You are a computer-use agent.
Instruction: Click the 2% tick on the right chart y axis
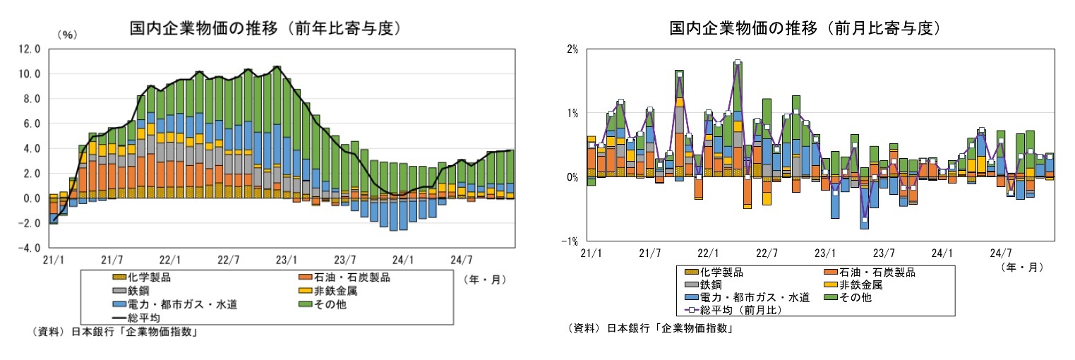pyautogui.click(x=571, y=49)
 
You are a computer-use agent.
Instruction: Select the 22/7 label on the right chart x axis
pyautogui.click(x=767, y=252)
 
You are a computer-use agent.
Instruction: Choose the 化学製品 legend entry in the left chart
pyautogui.click(x=145, y=277)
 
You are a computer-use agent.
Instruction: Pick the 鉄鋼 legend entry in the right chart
pyautogui.click(x=710, y=284)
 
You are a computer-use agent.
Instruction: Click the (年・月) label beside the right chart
pyautogui.click(x=1022, y=268)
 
